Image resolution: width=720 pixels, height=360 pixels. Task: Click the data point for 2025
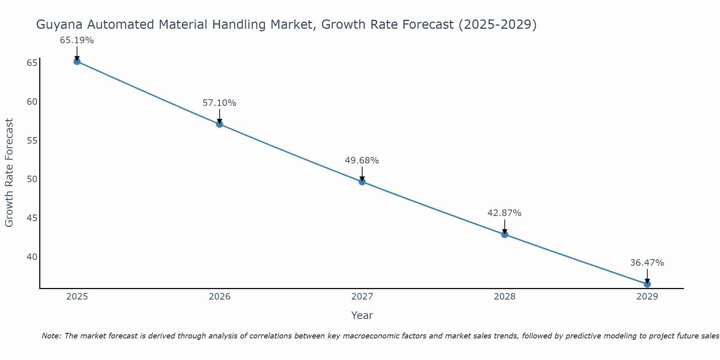(77, 62)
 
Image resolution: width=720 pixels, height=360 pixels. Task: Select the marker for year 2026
(220, 124)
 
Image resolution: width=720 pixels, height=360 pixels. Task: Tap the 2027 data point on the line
(362, 182)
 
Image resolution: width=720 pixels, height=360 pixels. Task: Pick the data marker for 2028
(505, 235)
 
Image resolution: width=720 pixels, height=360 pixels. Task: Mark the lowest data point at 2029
(647, 284)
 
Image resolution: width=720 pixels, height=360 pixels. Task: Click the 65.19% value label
(77, 40)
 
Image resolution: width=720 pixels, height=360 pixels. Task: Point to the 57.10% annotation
(219, 103)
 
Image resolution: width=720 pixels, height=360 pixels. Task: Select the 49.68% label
(362, 161)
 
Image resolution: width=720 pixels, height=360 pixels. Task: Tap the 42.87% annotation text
(504, 213)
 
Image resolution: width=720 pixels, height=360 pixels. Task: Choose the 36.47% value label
(647, 263)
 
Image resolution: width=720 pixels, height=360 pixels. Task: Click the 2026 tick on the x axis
(220, 297)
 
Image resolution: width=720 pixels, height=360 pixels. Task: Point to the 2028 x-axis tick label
(505, 297)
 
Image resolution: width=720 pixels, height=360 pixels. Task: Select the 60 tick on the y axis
(32, 102)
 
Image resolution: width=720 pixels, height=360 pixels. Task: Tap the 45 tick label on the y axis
(32, 218)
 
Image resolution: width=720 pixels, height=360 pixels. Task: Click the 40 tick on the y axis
(32, 257)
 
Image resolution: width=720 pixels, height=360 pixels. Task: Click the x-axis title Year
(362, 315)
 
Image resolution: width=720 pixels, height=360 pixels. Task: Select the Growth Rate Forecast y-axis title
(9, 172)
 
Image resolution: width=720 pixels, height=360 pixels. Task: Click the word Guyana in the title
(59, 25)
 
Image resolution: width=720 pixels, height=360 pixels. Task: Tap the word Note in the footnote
(52, 336)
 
